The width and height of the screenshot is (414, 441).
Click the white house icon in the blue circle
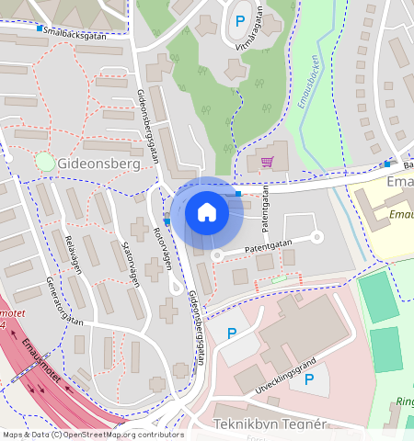point(207,212)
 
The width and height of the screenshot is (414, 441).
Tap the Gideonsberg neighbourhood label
point(98,164)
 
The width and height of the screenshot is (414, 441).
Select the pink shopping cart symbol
point(267,162)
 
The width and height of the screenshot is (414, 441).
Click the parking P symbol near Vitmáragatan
point(240,20)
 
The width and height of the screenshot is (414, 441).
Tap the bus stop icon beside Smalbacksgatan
point(40,28)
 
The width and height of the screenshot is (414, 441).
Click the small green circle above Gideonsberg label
point(44,163)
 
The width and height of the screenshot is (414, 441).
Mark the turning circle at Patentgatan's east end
point(316,237)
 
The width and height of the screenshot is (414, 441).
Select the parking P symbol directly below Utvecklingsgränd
point(309,379)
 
